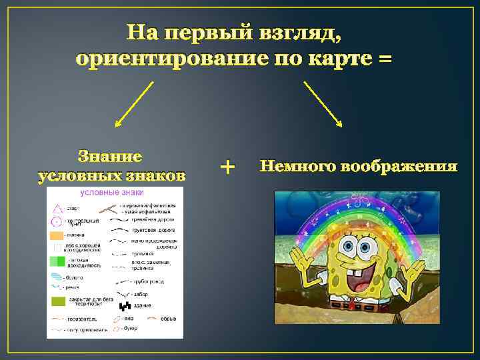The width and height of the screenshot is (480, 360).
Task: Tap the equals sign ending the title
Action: (x=385, y=59)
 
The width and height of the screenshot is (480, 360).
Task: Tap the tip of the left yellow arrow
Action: (x=115, y=126)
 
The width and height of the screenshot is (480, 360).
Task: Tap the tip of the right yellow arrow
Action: (x=341, y=126)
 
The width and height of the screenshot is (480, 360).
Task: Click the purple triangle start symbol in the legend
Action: (x=57, y=208)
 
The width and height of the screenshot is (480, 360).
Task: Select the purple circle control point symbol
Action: (x=57, y=221)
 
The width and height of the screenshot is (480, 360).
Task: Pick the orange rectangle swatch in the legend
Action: (x=56, y=235)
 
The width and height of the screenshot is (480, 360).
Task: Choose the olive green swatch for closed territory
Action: (x=58, y=301)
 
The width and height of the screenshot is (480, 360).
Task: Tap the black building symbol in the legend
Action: (x=125, y=306)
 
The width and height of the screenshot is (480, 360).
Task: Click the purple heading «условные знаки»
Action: (x=112, y=193)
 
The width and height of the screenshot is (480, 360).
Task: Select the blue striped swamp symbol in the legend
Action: (x=57, y=277)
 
